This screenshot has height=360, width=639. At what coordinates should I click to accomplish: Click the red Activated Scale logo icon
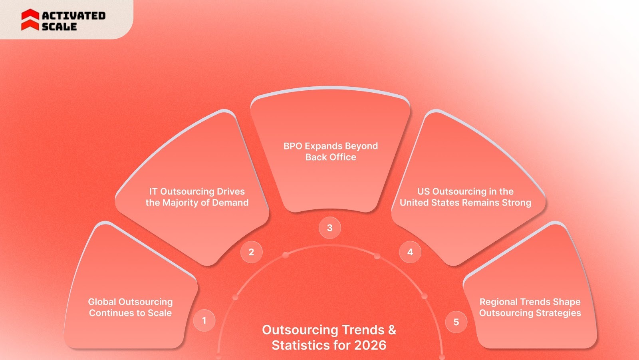[30, 20]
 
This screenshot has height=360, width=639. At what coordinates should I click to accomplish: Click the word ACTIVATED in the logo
[73, 16]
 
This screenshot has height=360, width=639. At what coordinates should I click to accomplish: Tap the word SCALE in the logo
[59, 27]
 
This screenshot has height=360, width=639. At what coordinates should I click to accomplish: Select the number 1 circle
[204, 320]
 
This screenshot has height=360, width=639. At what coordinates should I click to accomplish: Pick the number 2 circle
[251, 252]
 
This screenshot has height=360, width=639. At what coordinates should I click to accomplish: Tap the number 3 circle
[329, 228]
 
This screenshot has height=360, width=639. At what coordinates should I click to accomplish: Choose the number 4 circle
[410, 252]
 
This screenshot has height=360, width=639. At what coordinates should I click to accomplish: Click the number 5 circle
[456, 322]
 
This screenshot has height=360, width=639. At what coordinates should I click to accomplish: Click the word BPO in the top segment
[293, 146]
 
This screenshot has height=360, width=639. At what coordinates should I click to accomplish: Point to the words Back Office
[331, 157]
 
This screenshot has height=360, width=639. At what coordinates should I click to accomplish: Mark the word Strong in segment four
[516, 203]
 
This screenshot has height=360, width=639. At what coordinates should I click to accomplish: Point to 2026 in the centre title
[370, 345]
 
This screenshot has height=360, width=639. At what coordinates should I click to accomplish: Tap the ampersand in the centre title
[392, 330]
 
